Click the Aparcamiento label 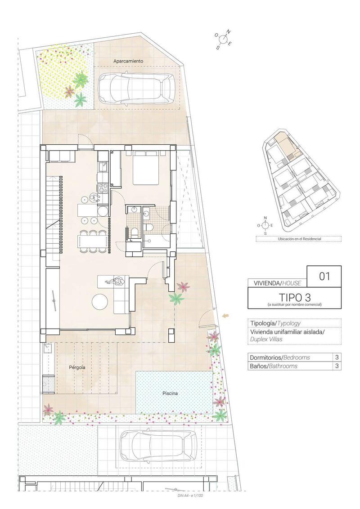click(x=128, y=61)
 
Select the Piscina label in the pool click(x=170, y=393)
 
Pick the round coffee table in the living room click(x=100, y=301)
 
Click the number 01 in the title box click(x=324, y=276)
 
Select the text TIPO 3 click(x=294, y=298)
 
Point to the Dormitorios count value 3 click(x=337, y=357)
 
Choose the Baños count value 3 click(x=337, y=366)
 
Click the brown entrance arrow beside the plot click(x=226, y=317)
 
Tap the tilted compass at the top click(x=224, y=40)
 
